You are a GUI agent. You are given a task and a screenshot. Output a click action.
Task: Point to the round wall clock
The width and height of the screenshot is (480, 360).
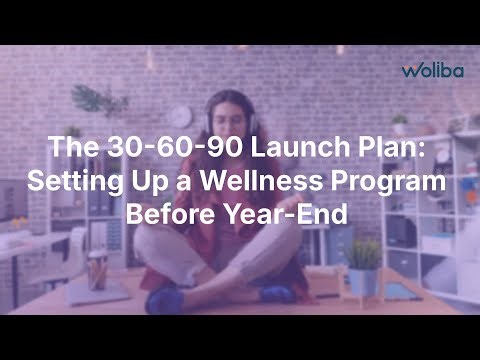point(181,116)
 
